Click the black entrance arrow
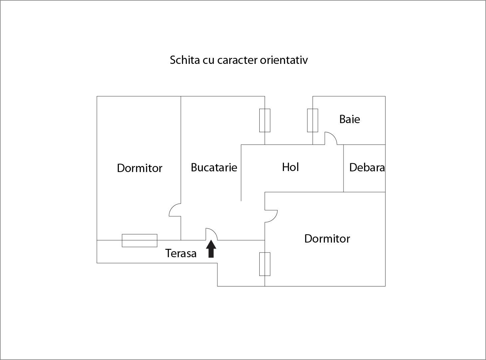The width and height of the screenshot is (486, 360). pyautogui.click(x=211, y=249)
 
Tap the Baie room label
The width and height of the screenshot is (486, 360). pyautogui.click(x=350, y=119)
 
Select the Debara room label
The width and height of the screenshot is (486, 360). pyautogui.click(x=367, y=167)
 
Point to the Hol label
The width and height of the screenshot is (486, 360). pyautogui.click(x=290, y=167)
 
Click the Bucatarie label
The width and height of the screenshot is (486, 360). pyautogui.click(x=214, y=167)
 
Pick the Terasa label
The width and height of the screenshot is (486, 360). pyautogui.click(x=181, y=253)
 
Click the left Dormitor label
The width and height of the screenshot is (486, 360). pyautogui.click(x=139, y=168)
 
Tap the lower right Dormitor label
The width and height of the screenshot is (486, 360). pyautogui.click(x=327, y=239)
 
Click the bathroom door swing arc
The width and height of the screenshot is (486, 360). pyautogui.click(x=331, y=138)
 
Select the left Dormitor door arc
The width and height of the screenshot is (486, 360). pyautogui.click(x=175, y=210)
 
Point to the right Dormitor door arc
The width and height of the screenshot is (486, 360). pyautogui.click(x=271, y=216)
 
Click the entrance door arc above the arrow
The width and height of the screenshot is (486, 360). pyautogui.click(x=211, y=234)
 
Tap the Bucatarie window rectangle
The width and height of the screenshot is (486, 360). pyautogui.click(x=265, y=120)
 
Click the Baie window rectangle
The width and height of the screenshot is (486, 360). pyautogui.click(x=313, y=120)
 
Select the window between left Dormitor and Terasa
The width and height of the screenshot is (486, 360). pyautogui.click(x=139, y=241)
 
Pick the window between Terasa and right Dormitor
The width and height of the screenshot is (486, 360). pyautogui.click(x=265, y=264)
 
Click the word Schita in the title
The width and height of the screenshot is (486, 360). pyautogui.click(x=185, y=60)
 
